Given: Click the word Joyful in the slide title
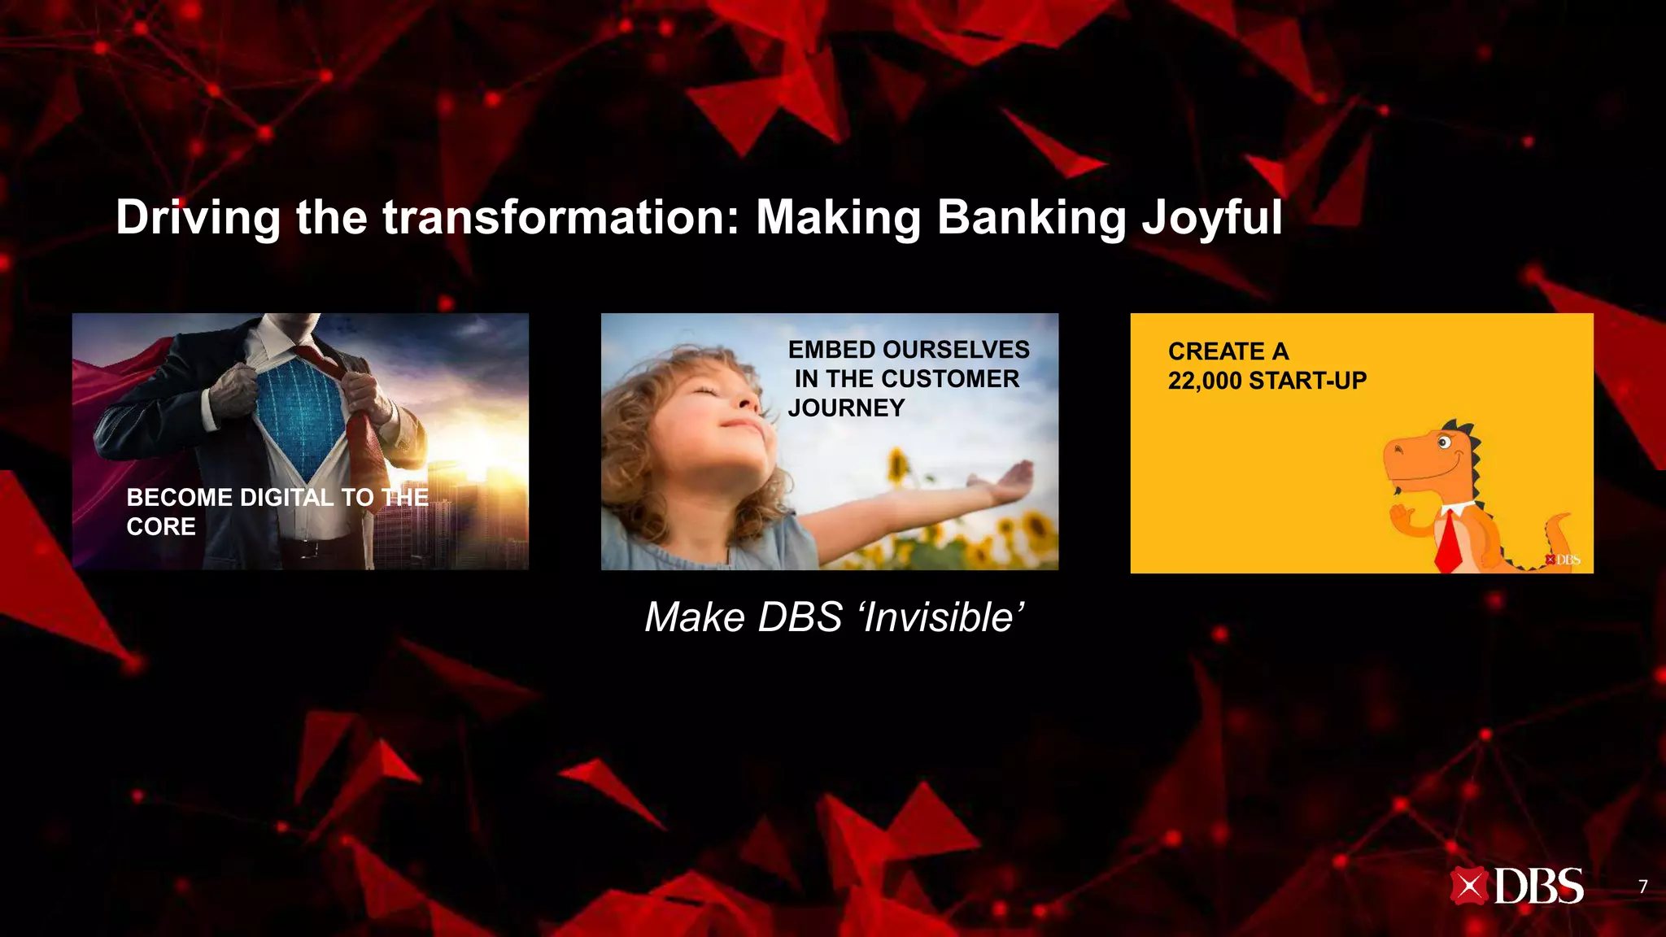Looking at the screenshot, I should tap(1211, 218).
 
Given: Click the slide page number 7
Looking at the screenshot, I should tap(1642, 887).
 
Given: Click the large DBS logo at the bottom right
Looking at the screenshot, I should tap(1517, 887).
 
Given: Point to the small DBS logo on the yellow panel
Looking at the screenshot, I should tap(1563, 560).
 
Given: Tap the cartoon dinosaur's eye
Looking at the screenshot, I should tap(1443, 443).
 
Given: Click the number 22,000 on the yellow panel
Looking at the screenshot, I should tap(1205, 381).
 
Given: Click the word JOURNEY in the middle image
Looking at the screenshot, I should tap(846, 407).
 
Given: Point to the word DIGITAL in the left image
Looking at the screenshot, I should tap(286, 497).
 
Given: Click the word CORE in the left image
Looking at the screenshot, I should tap(161, 526).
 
